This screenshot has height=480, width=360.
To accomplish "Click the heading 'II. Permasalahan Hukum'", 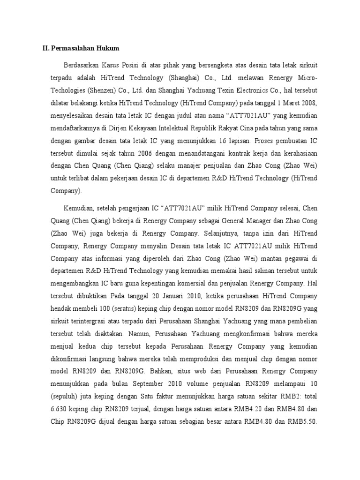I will point(79,48).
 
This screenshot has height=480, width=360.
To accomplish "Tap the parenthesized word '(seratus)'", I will point(113,308).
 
